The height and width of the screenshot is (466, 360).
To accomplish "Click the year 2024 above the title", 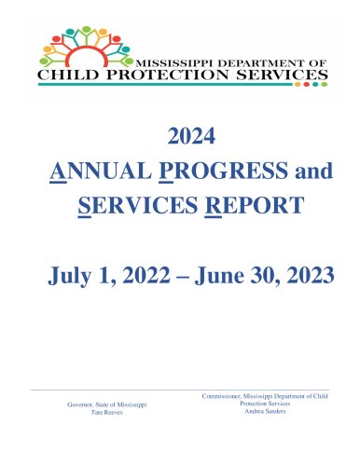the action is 191,136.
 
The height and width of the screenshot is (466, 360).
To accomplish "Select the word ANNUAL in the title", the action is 101,171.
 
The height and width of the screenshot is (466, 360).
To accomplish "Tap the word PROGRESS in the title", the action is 223,171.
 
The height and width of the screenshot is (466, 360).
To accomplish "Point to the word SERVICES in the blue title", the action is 138,205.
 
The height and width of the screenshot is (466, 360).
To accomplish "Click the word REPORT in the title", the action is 255,205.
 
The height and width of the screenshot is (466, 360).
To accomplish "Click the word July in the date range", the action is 69,276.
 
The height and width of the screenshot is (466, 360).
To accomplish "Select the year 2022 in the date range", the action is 146,275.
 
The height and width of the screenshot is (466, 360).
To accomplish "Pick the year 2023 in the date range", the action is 311,275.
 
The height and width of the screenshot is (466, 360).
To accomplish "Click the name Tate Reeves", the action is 107,412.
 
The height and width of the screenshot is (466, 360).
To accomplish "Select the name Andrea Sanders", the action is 265,411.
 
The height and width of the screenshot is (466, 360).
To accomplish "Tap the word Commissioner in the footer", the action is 222,396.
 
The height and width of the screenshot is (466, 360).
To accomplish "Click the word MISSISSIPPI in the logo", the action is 174,63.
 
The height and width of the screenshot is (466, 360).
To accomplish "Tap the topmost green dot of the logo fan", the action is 87,29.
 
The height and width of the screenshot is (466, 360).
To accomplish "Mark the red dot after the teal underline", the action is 307,84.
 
